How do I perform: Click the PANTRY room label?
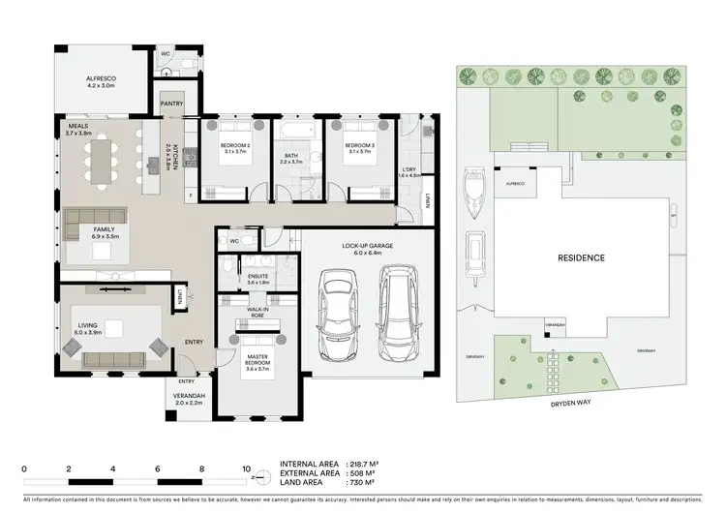[x=172, y=104]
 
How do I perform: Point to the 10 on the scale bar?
[x=246, y=468]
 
